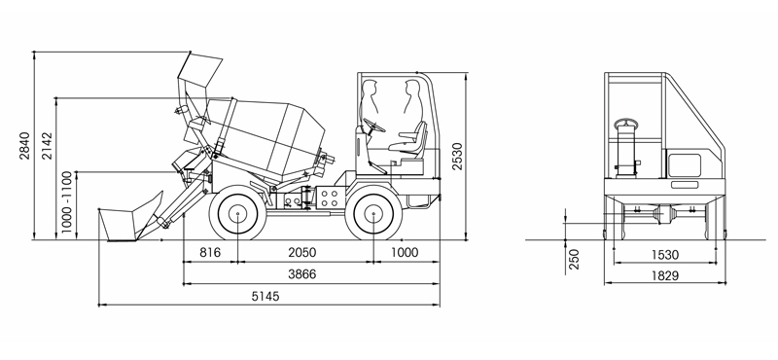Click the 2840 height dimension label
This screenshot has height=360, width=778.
(x=25, y=146)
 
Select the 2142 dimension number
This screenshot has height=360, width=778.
(x=47, y=146)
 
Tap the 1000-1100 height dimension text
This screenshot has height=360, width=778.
(x=67, y=203)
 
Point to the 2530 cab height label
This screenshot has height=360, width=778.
(x=456, y=157)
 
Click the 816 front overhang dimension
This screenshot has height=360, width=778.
(x=210, y=252)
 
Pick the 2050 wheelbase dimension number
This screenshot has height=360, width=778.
(x=302, y=252)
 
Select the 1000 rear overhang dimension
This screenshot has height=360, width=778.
(x=405, y=252)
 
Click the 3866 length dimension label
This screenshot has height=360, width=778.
(x=302, y=274)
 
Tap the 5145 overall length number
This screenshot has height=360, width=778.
(x=265, y=297)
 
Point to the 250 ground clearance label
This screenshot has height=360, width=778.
(x=574, y=259)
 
